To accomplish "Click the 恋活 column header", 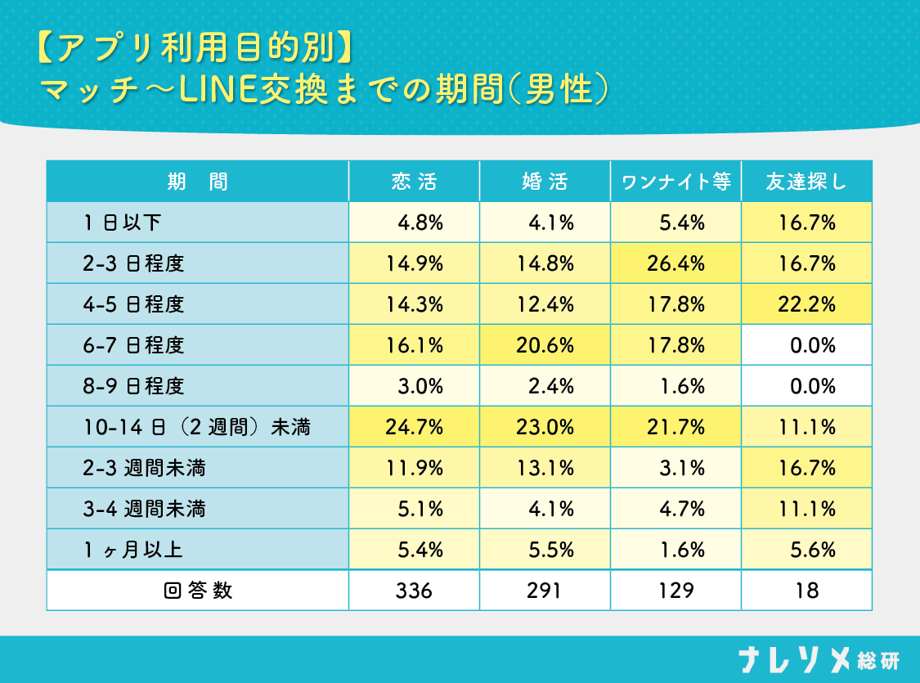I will pos(414,182).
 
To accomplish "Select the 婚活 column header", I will pos(545,182).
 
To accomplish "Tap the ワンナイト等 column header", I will pos(675,182).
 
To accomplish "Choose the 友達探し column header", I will pos(806,182).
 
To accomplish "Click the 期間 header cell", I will pos(197,182).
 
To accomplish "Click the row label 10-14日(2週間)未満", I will pos(196,427).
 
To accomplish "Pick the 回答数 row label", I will pos(197,591).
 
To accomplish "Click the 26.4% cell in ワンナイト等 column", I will pos(675,263).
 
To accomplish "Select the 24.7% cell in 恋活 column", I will pos(414,427).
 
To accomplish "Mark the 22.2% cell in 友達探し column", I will pos(806,304).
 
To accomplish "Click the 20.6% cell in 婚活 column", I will pos(545,345).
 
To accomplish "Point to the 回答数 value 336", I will pos(414,591).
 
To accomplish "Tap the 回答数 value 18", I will pos(806,591).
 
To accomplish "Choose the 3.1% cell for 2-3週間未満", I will pos(675,468).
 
